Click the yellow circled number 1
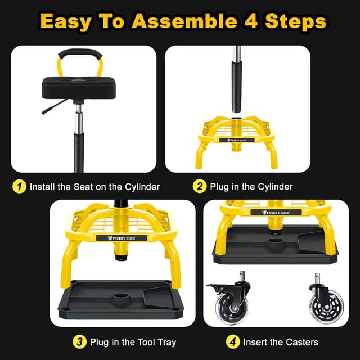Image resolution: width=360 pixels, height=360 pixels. pos(20,186)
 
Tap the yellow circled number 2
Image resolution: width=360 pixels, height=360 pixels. pos(200,186)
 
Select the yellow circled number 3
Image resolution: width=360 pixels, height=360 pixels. pos(80,341)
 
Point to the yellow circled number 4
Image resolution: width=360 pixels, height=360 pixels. pos(233,341)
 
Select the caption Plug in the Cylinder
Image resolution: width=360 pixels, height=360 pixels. pos(251,186)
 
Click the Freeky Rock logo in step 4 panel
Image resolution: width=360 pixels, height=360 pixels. pos(275,212)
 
